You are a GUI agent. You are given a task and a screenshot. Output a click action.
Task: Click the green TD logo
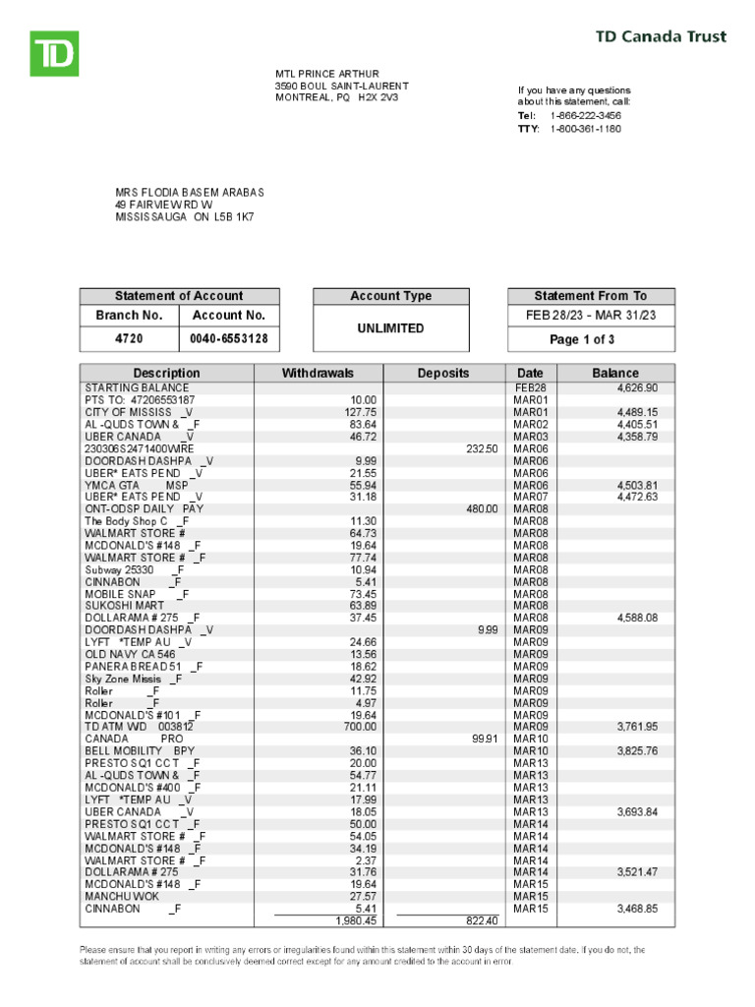(x=53, y=53)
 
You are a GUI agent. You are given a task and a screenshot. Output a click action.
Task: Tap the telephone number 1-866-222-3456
(x=585, y=116)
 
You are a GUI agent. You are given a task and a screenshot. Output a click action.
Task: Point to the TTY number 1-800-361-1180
(x=585, y=129)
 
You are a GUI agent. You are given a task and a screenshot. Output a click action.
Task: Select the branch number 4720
(x=129, y=339)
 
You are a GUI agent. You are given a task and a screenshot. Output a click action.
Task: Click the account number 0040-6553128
(x=229, y=339)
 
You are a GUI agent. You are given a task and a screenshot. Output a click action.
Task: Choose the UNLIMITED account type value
(x=390, y=328)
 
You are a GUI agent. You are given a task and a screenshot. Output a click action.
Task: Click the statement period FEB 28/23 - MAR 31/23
(x=591, y=316)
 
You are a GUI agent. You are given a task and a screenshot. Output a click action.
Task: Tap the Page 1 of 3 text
(x=591, y=339)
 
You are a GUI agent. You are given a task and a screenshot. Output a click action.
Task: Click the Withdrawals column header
(x=318, y=374)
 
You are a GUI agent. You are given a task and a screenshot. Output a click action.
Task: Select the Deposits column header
(x=443, y=374)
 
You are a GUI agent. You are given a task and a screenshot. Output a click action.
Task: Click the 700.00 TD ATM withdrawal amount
(x=358, y=727)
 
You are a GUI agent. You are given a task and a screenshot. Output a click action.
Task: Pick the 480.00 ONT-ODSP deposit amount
(x=481, y=509)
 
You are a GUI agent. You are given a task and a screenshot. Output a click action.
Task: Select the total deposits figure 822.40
(x=481, y=921)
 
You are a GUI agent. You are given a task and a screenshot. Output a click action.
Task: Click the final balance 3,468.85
(x=637, y=909)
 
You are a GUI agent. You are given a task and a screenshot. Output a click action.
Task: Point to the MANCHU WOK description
(x=121, y=897)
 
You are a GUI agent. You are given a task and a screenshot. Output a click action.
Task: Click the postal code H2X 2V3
(x=378, y=98)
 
